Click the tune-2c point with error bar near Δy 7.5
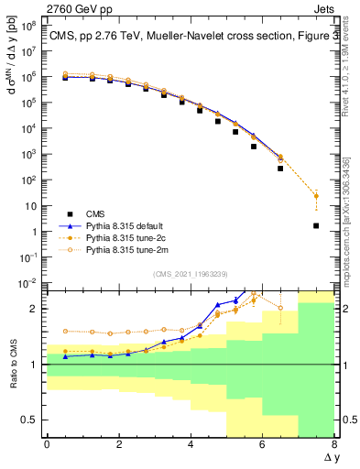point(316,195)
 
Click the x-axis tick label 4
point(191,444)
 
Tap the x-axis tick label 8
point(334,444)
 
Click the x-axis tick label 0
point(47,444)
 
